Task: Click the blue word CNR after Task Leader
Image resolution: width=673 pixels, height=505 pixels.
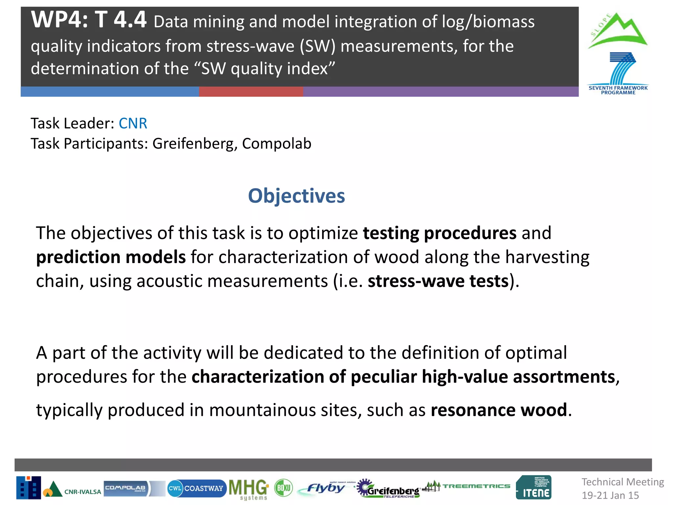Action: click(x=133, y=124)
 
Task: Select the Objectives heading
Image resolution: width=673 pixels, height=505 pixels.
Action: click(x=296, y=196)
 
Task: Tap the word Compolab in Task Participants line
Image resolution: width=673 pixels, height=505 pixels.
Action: click(x=277, y=144)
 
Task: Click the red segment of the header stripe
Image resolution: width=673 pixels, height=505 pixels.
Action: click(x=251, y=92)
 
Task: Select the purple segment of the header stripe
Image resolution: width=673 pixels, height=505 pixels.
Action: click(x=440, y=92)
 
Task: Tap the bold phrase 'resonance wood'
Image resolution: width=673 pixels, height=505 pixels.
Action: click(x=499, y=410)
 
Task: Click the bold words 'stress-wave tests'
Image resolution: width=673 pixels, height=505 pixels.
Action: click(x=438, y=281)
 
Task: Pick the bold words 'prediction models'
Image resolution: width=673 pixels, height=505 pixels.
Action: click(x=111, y=257)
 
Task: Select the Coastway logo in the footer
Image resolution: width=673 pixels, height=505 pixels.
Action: click(x=197, y=488)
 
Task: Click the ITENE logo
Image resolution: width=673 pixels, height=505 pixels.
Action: click(x=534, y=488)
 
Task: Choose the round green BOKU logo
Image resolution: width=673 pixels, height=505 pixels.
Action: click(x=283, y=488)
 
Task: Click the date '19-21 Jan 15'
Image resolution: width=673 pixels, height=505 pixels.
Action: click(x=610, y=495)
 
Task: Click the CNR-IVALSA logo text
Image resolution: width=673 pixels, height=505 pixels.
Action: click(x=82, y=492)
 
